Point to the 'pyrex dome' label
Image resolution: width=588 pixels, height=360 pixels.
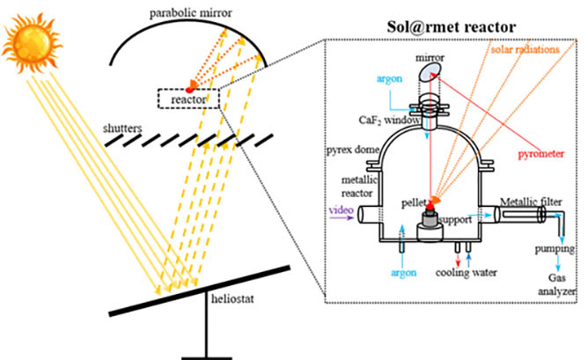[352, 151]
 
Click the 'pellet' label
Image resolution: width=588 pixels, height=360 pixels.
[410, 203]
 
